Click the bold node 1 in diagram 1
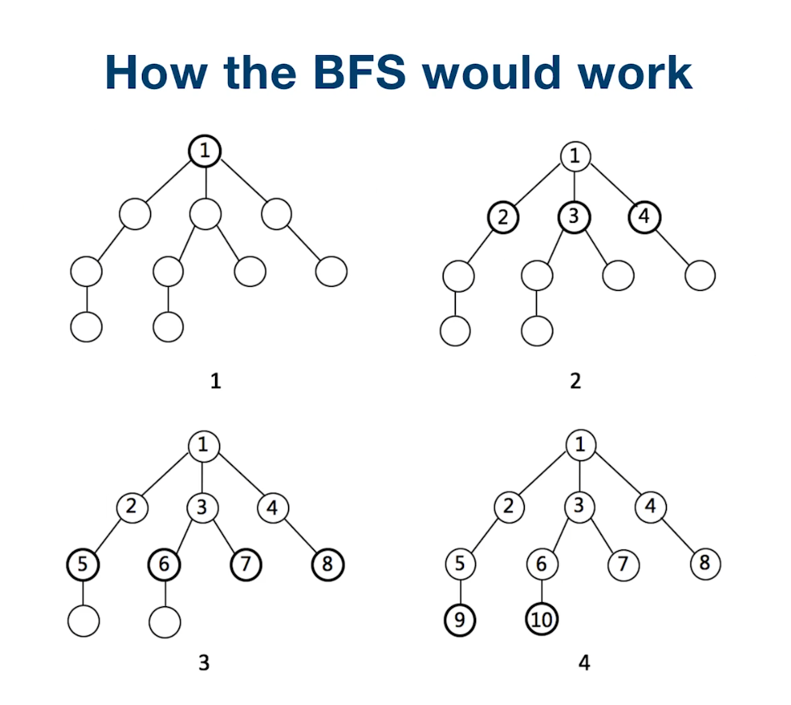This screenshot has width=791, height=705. click(204, 151)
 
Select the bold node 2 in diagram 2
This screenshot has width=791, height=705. click(502, 217)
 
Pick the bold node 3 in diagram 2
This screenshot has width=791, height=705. click(574, 217)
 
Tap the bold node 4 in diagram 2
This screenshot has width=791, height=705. click(645, 217)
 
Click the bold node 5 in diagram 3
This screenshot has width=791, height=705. click(83, 564)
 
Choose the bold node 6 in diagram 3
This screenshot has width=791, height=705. click(164, 564)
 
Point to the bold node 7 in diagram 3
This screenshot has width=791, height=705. click(247, 564)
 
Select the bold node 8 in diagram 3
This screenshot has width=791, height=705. click(328, 564)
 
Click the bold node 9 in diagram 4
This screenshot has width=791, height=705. click(460, 622)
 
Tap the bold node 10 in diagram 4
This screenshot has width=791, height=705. click(542, 622)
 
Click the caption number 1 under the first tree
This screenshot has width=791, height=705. click(215, 380)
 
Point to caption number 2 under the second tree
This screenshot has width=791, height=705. click(574, 380)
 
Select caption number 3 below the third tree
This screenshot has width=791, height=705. click(204, 662)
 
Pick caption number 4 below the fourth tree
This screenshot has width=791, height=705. click(584, 662)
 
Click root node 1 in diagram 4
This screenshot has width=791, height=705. click(579, 444)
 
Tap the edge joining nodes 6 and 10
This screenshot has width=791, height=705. click(542, 592)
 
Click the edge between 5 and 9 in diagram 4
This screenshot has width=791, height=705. click(460, 592)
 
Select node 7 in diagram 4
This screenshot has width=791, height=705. click(623, 564)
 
